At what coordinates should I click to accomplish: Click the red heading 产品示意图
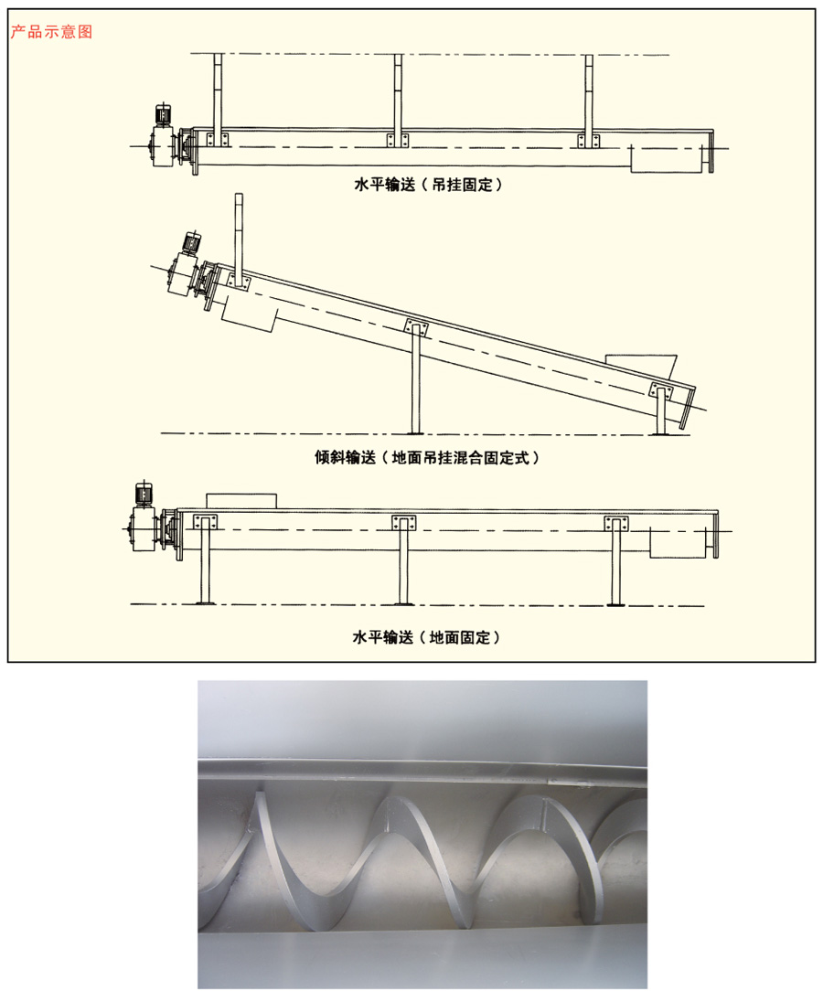click(x=51, y=32)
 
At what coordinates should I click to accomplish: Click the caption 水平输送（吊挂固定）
click(x=428, y=186)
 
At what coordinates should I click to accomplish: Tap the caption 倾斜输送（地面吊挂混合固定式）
click(x=427, y=458)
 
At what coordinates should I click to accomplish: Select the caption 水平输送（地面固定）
click(x=426, y=638)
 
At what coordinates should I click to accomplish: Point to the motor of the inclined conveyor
click(x=191, y=243)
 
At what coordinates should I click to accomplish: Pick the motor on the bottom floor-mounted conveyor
click(x=144, y=495)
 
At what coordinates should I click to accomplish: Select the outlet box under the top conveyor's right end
click(x=667, y=158)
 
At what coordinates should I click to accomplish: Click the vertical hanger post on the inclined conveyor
click(x=239, y=240)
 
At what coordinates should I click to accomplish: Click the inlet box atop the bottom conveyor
click(x=241, y=501)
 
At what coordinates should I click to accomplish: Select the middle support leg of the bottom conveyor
click(x=403, y=560)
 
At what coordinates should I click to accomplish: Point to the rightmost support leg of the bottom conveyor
click(x=615, y=561)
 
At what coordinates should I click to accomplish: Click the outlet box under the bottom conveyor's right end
click(x=678, y=543)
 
